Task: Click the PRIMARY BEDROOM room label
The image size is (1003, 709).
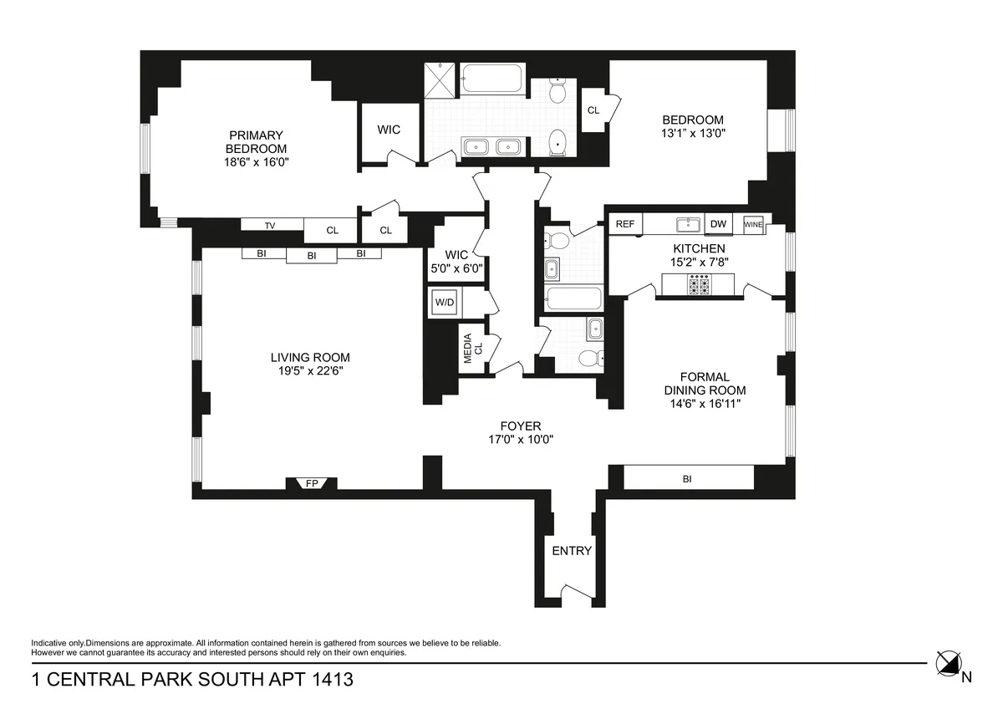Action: tap(256, 142)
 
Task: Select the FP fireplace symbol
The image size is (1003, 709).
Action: tap(312, 483)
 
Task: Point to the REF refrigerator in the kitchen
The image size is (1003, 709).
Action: tap(624, 224)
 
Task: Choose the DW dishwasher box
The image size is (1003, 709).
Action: tap(717, 224)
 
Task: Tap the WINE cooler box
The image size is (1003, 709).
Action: tap(753, 224)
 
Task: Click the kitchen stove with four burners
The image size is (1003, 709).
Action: tap(699, 286)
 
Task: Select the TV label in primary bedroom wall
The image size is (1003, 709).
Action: tap(270, 225)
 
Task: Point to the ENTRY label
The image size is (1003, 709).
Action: tap(572, 550)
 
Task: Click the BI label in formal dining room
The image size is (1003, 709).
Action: tap(687, 479)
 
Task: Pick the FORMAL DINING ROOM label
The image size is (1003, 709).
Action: tap(705, 384)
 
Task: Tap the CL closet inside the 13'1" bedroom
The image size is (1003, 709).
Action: tap(593, 110)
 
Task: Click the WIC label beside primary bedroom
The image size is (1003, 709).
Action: tap(389, 130)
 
